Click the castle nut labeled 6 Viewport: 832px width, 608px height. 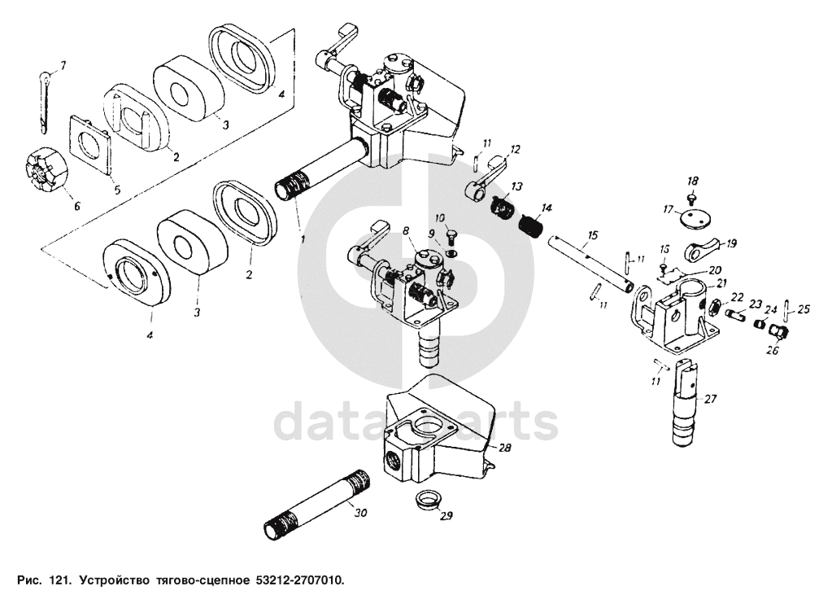point(46,168)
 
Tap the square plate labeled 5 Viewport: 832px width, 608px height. point(91,144)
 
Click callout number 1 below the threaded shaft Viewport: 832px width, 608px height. point(303,239)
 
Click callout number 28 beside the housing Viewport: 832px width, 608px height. point(504,448)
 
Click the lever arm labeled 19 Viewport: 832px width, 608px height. point(703,250)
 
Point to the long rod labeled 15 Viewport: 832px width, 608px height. point(590,262)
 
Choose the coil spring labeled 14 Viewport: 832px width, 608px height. point(531,225)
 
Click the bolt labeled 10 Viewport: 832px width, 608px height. point(452,237)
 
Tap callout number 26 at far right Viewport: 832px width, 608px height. point(773,351)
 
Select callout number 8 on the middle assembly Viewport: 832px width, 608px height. point(406,230)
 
